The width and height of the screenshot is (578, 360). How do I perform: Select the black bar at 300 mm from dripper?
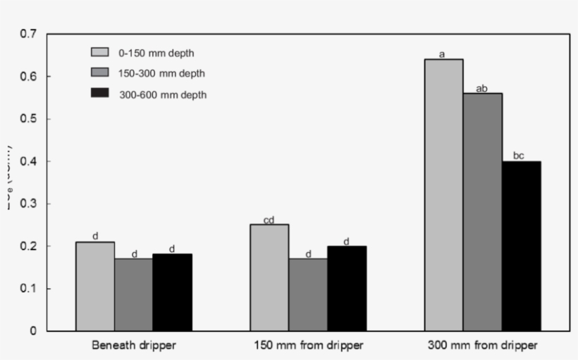coord(522,246)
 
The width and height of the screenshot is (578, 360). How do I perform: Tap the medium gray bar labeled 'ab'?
coord(483,212)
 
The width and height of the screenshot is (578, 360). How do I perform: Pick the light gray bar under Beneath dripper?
coord(95,286)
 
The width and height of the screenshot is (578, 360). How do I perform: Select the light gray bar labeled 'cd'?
coord(269,278)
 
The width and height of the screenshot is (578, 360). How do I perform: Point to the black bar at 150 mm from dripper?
coord(346,288)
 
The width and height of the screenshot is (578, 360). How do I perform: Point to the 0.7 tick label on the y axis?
coord(29,34)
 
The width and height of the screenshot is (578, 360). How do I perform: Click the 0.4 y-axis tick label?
coord(29,161)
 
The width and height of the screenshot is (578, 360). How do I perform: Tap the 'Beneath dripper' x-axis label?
coord(134,347)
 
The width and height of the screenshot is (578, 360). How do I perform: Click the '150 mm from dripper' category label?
coord(308,347)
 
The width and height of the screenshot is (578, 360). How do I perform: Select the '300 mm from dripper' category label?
coord(483,347)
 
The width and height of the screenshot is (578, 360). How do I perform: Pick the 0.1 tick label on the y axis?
coord(29,289)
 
